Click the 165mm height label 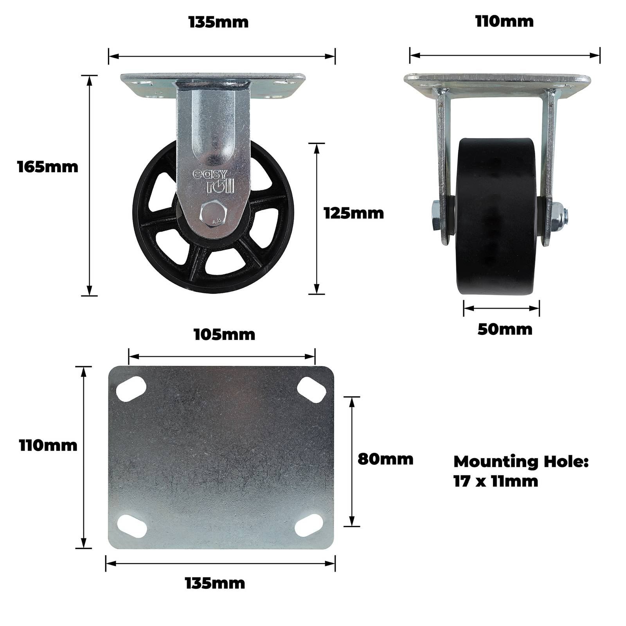(48, 167)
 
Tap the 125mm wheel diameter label (354, 213)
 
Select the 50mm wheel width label (505, 329)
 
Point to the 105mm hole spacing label (224, 335)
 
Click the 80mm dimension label (385, 459)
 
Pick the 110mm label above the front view (504, 22)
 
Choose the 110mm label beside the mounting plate (48, 445)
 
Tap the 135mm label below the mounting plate (215, 583)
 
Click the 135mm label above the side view (218, 22)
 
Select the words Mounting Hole (521, 462)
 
